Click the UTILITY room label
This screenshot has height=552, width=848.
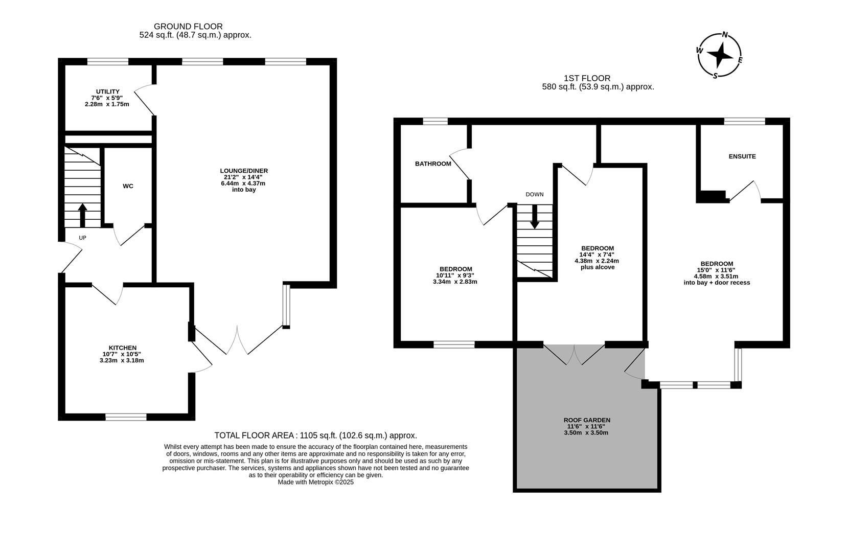click(107, 91)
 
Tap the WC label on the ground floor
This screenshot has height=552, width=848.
click(128, 186)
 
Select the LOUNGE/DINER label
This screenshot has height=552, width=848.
click(244, 171)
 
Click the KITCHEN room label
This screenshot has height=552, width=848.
click(122, 348)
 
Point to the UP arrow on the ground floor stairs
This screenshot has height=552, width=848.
click(82, 215)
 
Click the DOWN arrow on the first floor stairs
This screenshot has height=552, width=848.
click(535, 217)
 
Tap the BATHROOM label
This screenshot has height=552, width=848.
click(433, 164)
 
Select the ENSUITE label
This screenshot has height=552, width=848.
click(742, 156)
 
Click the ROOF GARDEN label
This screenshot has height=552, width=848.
click(586, 420)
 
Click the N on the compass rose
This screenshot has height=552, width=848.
click(724, 35)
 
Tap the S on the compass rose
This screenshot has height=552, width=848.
click(715, 76)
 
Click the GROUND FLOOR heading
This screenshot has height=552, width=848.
click(188, 26)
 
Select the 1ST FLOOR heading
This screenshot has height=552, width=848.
click(587, 78)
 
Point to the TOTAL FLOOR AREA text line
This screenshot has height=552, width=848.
click(315, 435)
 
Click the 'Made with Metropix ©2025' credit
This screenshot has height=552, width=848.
click(315, 482)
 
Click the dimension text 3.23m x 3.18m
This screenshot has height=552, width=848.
click(122, 360)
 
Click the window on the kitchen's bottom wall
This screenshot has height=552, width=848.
click(126, 417)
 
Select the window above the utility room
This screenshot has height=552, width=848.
click(107, 62)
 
